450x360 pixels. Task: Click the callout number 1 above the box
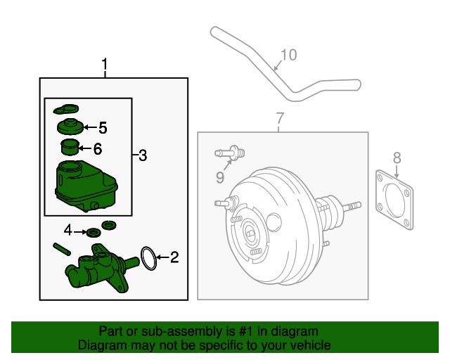click(x=105, y=66)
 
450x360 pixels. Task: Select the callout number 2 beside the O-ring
click(x=174, y=258)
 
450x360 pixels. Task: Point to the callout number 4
click(x=68, y=231)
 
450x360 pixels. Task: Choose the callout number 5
click(x=103, y=127)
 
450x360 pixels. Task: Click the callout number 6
click(x=98, y=148)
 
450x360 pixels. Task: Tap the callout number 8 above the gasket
click(x=397, y=157)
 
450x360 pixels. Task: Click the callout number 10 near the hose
click(x=289, y=55)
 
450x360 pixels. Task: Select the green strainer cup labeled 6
click(x=68, y=148)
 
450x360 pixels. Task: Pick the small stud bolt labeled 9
click(x=229, y=152)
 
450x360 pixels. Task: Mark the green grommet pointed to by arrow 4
click(x=92, y=232)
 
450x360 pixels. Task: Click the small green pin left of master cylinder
click(x=60, y=247)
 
